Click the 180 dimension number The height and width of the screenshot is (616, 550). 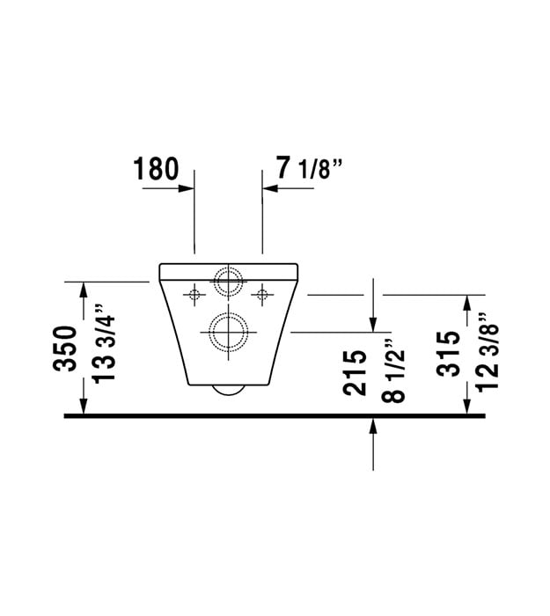[x=156, y=169]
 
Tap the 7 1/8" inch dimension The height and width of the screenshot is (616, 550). [x=309, y=168]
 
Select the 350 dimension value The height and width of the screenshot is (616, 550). [x=65, y=348]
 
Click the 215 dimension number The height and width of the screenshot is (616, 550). [x=355, y=372]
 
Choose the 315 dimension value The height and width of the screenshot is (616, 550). [x=448, y=354]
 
